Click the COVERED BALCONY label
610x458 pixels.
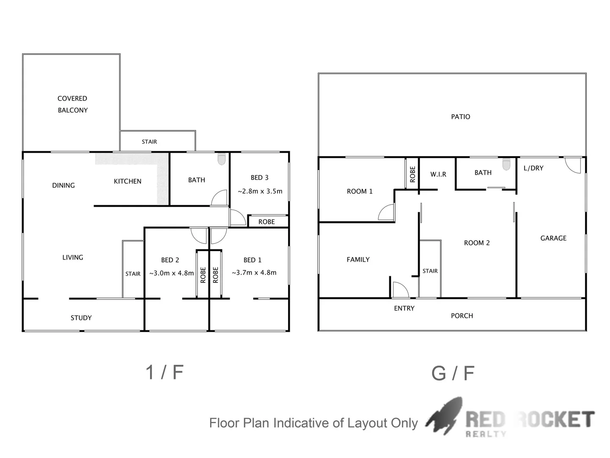tap(72, 104)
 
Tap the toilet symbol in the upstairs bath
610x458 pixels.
tap(222, 159)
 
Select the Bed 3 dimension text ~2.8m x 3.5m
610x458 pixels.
tap(260, 191)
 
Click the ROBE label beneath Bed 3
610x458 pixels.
tap(266, 222)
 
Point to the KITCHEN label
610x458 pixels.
tap(128, 182)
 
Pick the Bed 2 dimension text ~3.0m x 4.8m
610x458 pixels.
tap(172, 273)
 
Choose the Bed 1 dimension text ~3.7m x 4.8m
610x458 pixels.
tap(254, 273)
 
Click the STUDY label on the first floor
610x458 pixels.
tap(81, 318)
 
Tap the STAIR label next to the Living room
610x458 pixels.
tap(133, 274)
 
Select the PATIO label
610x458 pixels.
tap(460, 117)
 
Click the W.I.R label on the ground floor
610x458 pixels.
tap(438, 174)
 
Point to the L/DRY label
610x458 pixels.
tap(533, 168)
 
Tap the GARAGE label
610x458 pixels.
tap(553, 238)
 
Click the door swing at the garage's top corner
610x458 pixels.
tap(573, 165)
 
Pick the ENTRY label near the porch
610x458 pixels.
tap(404, 308)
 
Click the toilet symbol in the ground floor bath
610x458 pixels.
tap(506, 165)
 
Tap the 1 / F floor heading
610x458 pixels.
tap(164, 372)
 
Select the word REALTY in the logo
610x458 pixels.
tap(486, 434)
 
